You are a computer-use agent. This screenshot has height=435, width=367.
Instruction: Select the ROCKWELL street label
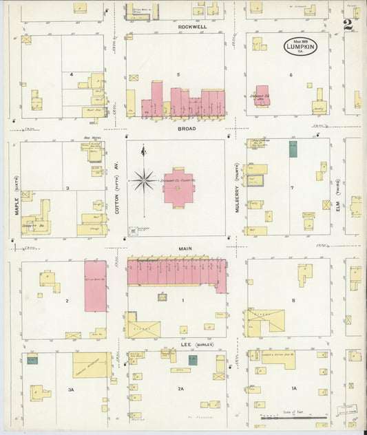192,27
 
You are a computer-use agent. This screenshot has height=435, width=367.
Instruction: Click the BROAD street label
187,129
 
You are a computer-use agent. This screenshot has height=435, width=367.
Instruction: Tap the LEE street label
186,344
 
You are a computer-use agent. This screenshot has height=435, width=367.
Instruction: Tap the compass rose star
143,181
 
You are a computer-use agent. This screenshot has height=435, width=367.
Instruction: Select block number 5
178,74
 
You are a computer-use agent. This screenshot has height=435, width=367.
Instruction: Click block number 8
293,301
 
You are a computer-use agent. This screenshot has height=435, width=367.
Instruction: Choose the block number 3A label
70,389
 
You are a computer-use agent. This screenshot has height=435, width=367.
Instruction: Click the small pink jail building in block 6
261,96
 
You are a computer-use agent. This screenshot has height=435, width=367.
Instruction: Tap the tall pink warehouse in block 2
96,286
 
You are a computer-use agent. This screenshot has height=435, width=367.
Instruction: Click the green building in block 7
293,149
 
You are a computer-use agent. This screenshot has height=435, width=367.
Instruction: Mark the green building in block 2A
193,359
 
